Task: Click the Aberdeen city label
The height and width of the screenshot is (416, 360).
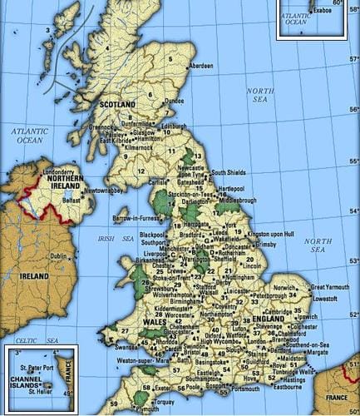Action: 202,65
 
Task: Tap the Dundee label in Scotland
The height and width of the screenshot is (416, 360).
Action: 175,101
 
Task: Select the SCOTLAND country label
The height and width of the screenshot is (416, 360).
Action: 117,105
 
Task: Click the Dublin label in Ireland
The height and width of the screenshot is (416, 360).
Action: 59,256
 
